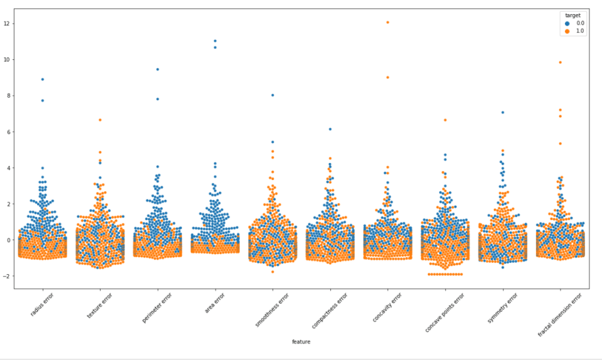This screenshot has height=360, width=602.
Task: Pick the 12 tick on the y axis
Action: coord(6,24)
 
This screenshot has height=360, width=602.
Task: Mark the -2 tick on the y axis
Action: coord(6,276)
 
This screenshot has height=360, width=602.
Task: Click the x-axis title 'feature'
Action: coord(301,341)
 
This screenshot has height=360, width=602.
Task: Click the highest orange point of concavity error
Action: coord(387,22)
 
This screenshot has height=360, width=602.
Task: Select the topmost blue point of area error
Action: coord(215,41)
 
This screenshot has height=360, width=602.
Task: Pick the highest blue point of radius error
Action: coord(42,79)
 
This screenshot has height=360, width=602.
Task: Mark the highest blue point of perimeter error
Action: coord(158,69)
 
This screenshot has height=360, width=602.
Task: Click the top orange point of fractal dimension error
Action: coord(560,62)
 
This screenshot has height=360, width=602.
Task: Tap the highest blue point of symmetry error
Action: coord(503,112)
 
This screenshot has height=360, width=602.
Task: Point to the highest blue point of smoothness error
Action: coord(272,95)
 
